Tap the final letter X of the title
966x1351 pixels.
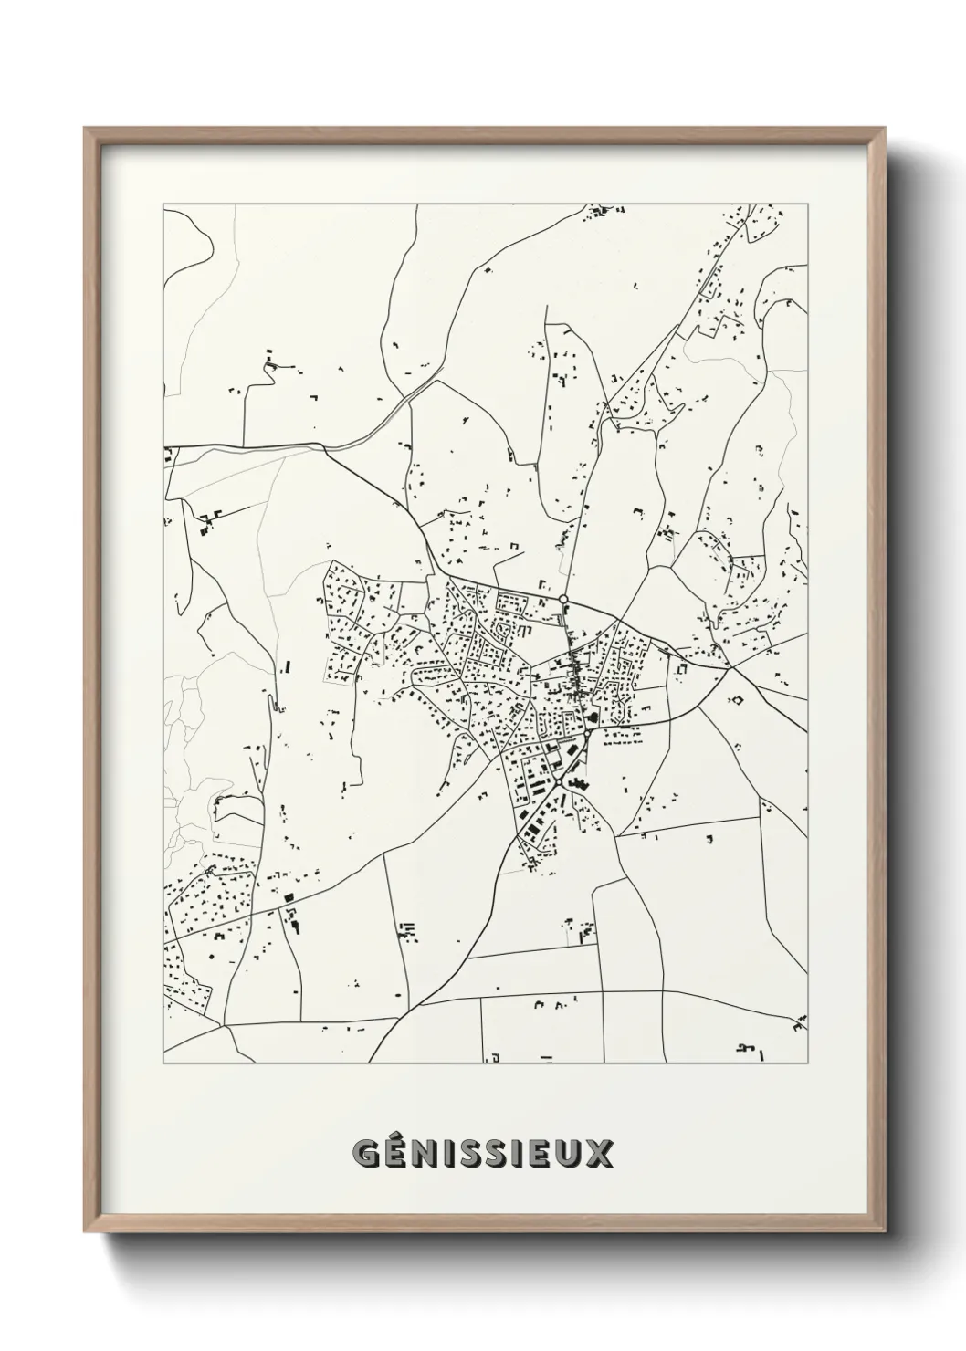point(599,1155)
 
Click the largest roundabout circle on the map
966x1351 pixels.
point(563,600)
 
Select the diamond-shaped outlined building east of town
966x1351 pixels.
point(736,701)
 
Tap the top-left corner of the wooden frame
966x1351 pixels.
point(85,129)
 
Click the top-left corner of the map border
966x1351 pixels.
point(163,205)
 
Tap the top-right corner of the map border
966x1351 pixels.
point(807,205)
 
